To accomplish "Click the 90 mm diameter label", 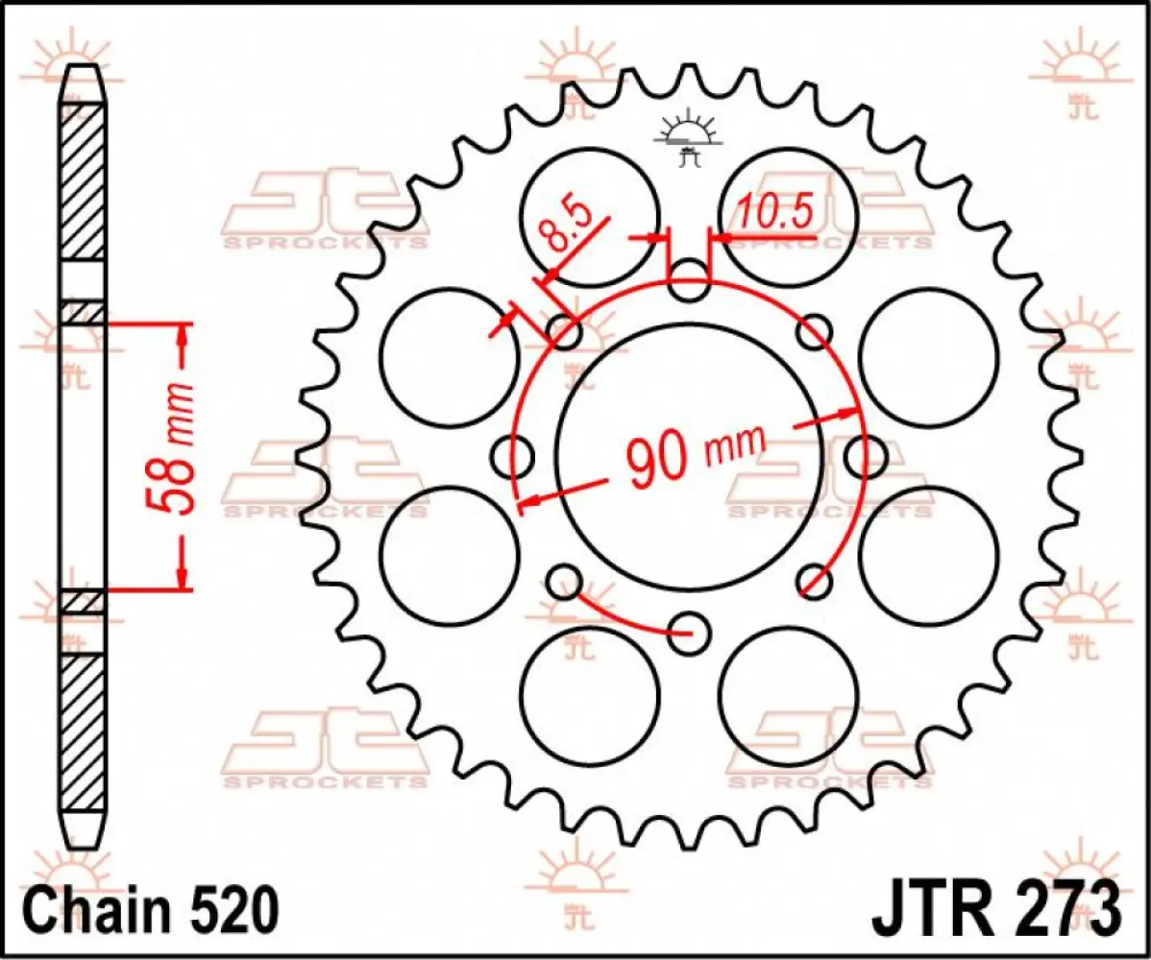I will coord(696,454).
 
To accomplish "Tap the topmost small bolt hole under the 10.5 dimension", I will coord(688,282).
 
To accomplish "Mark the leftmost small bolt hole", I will coord(512,456).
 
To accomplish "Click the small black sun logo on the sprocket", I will coord(686,139).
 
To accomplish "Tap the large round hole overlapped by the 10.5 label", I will coord(788,217).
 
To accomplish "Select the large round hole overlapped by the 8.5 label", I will coord(590,217).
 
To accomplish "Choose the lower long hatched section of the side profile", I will coord(83,730).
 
